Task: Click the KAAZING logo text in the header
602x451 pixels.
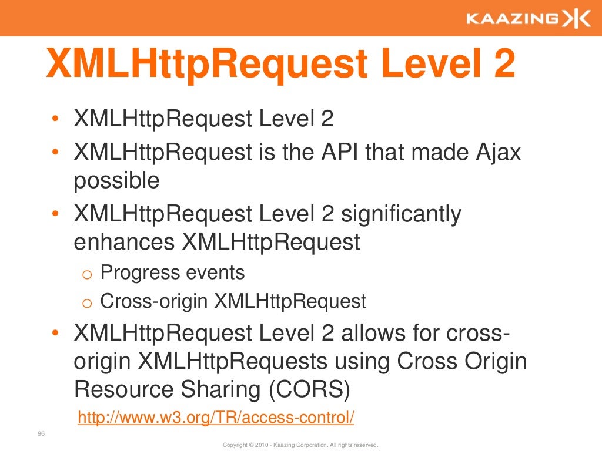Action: click(x=511, y=19)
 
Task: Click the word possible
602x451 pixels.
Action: click(x=116, y=181)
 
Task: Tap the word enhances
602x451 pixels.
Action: click(x=125, y=242)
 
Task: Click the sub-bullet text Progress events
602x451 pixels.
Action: click(x=172, y=272)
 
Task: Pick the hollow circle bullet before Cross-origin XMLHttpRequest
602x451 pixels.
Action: click(x=86, y=304)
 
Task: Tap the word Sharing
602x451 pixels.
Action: click(x=215, y=389)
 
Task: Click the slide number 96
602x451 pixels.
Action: click(x=41, y=434)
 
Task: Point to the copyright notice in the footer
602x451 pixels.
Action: click(x=300, y=445)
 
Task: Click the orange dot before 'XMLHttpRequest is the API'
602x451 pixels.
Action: click(x=55, y=153)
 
